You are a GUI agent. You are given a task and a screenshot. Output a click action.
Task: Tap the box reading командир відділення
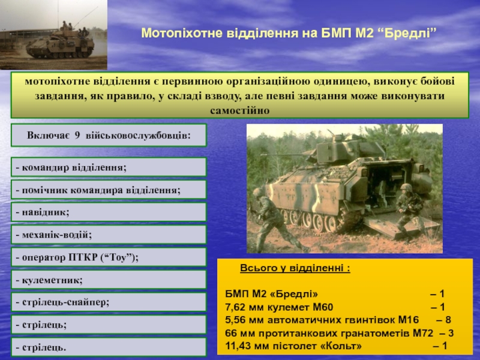109,167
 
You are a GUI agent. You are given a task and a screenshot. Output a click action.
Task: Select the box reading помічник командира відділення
109,190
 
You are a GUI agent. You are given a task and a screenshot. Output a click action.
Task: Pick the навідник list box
109,212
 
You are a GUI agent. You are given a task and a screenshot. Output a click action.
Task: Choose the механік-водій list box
109,235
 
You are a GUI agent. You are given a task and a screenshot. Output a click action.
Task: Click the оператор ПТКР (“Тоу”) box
109,257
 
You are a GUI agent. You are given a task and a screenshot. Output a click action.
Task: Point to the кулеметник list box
109,280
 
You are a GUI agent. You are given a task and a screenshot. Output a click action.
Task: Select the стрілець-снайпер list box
109,302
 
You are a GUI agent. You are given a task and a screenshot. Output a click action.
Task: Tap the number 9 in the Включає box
77,136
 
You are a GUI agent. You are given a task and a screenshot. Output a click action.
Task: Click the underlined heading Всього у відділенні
295,268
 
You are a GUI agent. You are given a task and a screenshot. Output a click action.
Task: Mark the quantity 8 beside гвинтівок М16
448,320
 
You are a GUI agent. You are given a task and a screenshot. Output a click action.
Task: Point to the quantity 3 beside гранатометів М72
451,333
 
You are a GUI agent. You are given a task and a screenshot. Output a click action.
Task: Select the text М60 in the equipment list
323,307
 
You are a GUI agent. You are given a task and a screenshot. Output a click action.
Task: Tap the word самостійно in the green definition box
239,110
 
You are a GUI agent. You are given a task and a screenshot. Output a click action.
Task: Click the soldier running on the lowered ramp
409,210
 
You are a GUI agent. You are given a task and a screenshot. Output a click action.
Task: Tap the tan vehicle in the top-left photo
59,46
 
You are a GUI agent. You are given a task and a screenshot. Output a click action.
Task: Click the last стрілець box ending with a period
109,347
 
